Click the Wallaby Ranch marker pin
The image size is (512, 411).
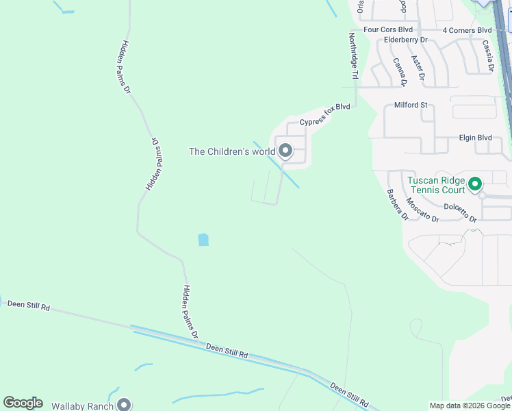[124, 405]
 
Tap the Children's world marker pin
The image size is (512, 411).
[285, 150]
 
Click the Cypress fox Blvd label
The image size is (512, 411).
[324, 114]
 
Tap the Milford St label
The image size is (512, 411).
[411, 105]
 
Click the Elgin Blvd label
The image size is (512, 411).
[475, 138]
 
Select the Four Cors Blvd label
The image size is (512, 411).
[388, 29]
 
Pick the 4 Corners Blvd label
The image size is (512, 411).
[467, 30]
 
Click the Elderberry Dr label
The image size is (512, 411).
[405, 40]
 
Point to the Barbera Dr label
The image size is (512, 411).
[397, 205]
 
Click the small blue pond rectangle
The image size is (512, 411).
[203, 240]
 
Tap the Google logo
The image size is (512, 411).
[23, 403]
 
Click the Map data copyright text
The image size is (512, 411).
[470, 406]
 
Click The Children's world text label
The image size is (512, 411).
[232, 151]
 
